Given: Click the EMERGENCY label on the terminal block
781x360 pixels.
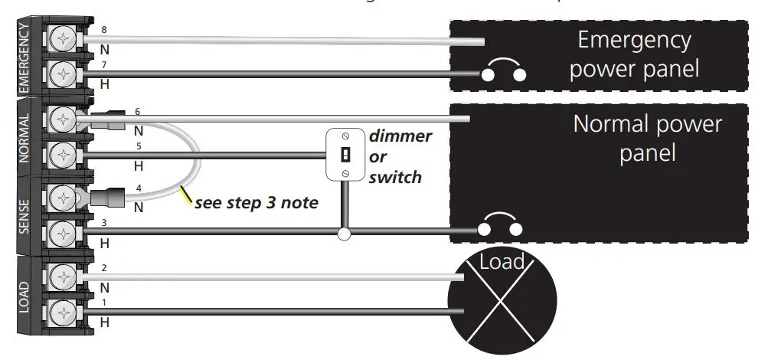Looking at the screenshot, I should click(24, 57).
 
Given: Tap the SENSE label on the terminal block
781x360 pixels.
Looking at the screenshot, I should click(24, 217).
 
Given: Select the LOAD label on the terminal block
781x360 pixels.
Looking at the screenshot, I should click(24, 295).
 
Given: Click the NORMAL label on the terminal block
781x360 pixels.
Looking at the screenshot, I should click(24, 138).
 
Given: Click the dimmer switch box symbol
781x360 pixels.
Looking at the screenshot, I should click(345, 155).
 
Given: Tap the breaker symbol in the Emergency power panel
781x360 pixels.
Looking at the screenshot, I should click(504, 71).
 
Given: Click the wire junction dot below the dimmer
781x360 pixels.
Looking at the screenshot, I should click(345, 233).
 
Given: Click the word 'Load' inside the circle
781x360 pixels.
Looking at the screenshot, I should click(502, 263).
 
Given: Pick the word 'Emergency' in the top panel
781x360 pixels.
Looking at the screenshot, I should click(634, 40).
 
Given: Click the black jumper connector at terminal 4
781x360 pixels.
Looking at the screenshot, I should click(106, 198).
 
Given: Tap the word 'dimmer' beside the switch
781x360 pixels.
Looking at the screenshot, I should click(400, 136).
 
